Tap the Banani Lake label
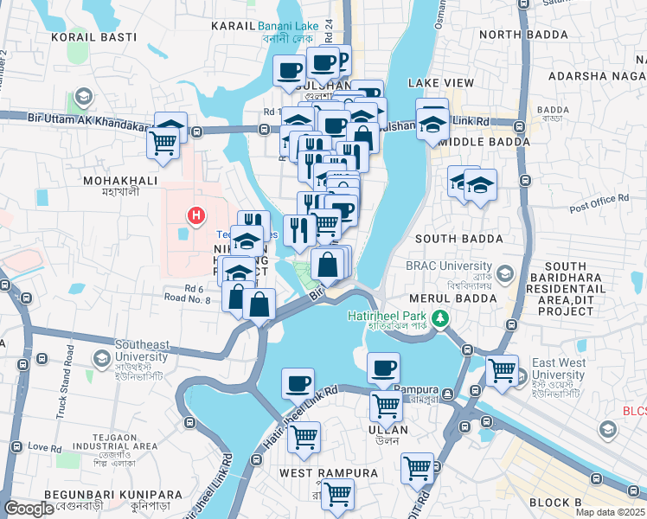click(289, 26)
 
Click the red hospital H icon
click(197, 215)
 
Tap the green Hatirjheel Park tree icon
click(441, 318)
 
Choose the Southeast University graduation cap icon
click(101, 356)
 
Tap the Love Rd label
click(42, 447)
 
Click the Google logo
click(29, 509)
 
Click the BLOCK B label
click(555, 503)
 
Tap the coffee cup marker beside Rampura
click(383, 368)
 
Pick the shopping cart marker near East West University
click(502, 370)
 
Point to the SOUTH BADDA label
click(458, 238)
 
